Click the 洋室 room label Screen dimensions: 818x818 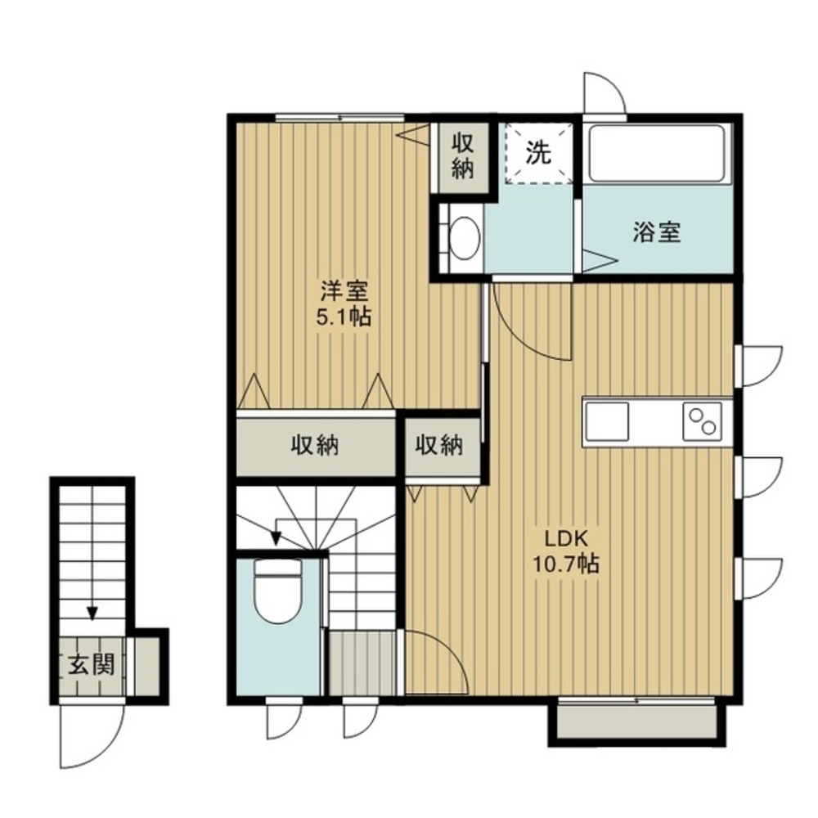pos(344,291)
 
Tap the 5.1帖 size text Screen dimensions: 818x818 pos(344,317)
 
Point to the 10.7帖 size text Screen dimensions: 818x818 pos(565,564)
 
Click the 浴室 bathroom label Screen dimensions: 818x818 pos(657,232)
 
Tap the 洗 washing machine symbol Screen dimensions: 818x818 pos(538,153)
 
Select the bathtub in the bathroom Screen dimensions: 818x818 pos(657,154)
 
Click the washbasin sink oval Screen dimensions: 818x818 pos(465,238)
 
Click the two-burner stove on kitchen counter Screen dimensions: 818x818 pos(702,421)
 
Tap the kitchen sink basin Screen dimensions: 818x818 pos(607,421)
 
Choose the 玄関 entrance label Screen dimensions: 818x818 pos(92,665)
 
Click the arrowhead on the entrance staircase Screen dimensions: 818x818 pos(92,613)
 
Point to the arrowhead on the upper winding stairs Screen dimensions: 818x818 pos(276,538)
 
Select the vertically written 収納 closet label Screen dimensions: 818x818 pos(463,155)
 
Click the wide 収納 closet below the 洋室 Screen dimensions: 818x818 pos(315,446)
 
